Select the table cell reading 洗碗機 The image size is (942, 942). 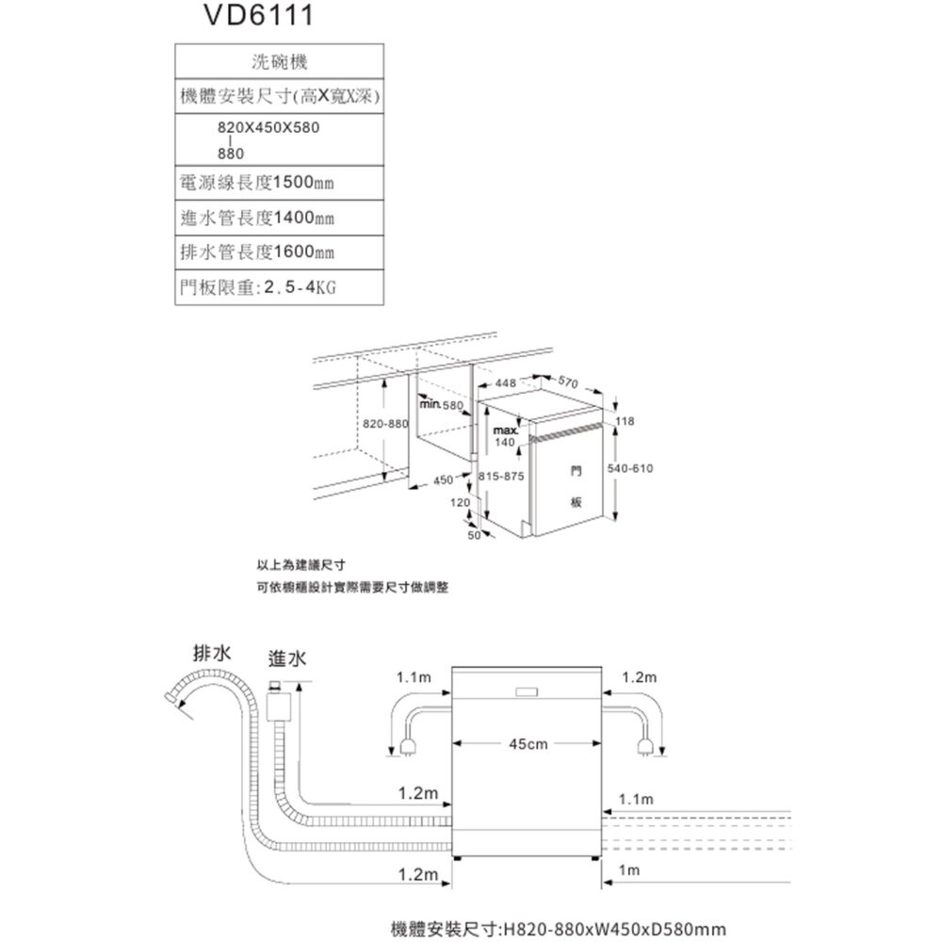point(280,62)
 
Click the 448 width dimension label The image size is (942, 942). point(505,383)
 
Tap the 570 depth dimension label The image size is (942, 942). point(567,382)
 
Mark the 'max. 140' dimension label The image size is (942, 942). point(504,437)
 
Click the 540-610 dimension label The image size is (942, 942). point(631,468)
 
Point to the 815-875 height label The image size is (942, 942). point(501,477)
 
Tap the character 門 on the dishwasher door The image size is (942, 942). point(575,468)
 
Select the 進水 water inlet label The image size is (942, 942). point(286,658)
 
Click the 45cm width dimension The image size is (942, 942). point(528,744)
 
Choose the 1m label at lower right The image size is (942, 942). point(625,872)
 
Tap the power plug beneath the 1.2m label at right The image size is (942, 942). point(645,749)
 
